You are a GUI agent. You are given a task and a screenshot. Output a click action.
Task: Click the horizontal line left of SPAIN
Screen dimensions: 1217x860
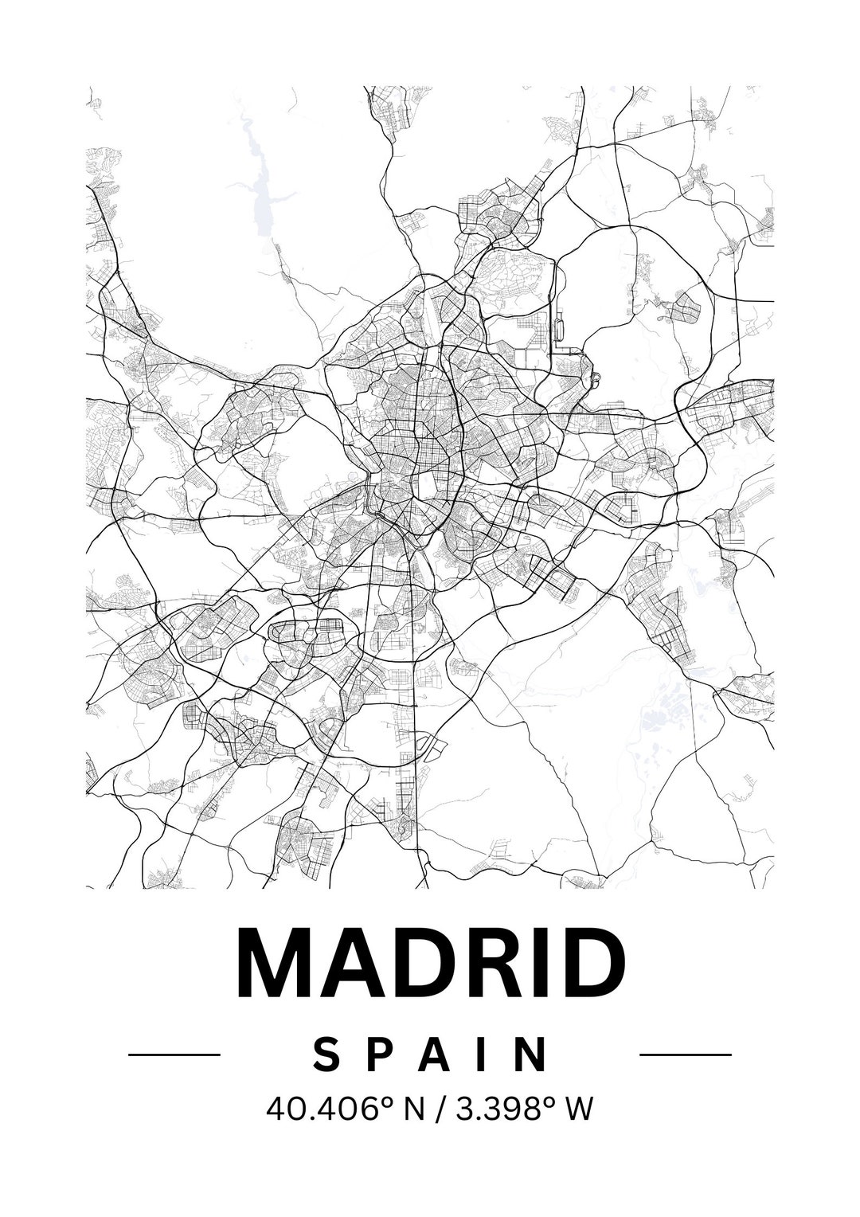[174, 1055]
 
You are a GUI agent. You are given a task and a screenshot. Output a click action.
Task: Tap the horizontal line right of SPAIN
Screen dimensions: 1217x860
[686, 1055]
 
